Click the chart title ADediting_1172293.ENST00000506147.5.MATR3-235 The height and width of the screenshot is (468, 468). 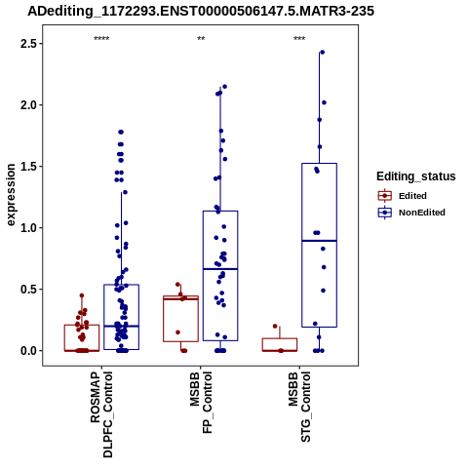[201, 12]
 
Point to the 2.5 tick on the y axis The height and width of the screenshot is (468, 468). [28, 44]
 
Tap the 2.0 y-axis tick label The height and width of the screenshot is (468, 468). [28, 105]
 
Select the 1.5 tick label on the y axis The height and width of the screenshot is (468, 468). [28, 167]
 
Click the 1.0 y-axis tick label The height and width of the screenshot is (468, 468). [28, 228]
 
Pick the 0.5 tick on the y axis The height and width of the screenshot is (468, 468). [28, 290]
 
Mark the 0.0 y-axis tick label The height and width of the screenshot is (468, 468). [28, 351]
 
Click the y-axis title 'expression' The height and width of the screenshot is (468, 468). [11, 195]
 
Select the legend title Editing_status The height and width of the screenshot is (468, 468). [416, 176]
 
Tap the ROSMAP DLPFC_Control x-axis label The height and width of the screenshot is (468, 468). [101, 414]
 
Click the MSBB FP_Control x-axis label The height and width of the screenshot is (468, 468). [201, 403]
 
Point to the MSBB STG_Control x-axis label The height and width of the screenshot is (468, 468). [299, 407]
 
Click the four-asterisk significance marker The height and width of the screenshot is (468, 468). [101, 39]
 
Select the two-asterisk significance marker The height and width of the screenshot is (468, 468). [201, 39]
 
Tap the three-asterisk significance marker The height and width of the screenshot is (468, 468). [299, 39]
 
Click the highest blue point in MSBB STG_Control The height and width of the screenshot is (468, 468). [323, 52]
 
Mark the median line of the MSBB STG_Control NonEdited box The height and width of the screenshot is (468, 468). [319, 241]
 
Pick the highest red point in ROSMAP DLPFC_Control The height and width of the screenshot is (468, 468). [82, 295]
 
